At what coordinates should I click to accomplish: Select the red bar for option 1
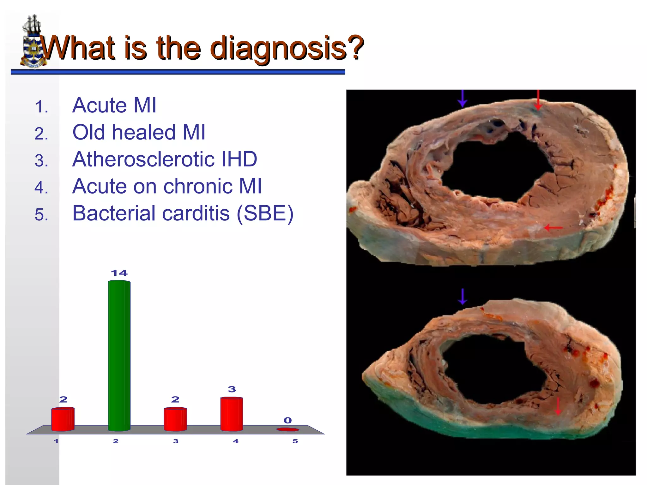coord(63,419)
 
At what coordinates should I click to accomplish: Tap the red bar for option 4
coord(232,414)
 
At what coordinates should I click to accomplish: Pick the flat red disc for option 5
coord(287,429)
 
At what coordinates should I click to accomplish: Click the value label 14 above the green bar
coord(119,273)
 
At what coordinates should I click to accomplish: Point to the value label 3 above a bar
coord(232,389)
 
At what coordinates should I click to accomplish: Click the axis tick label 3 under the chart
coord(176,441)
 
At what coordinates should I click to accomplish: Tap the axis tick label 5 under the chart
coord(295,441)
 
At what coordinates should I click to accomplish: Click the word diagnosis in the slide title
coord(279,48)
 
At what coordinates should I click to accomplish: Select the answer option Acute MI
coord(114,105)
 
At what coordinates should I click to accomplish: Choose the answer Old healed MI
coord(139,132)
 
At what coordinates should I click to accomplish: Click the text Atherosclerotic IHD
coord(165,159)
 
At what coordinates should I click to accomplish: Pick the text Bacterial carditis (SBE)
coord(183,213)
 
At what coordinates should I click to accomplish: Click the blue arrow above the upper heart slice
coord(463,99)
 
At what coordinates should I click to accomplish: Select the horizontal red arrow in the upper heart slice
coord(553,227)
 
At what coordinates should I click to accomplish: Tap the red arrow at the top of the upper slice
coord(538,99)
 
